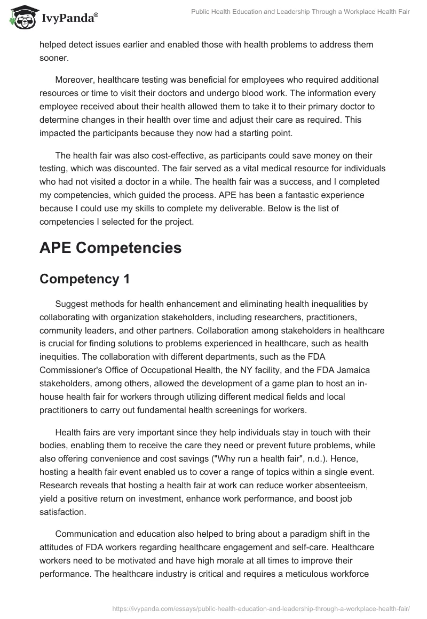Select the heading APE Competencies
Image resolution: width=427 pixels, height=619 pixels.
point(110,248)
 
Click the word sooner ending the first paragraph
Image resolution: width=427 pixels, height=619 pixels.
point(55,57)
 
